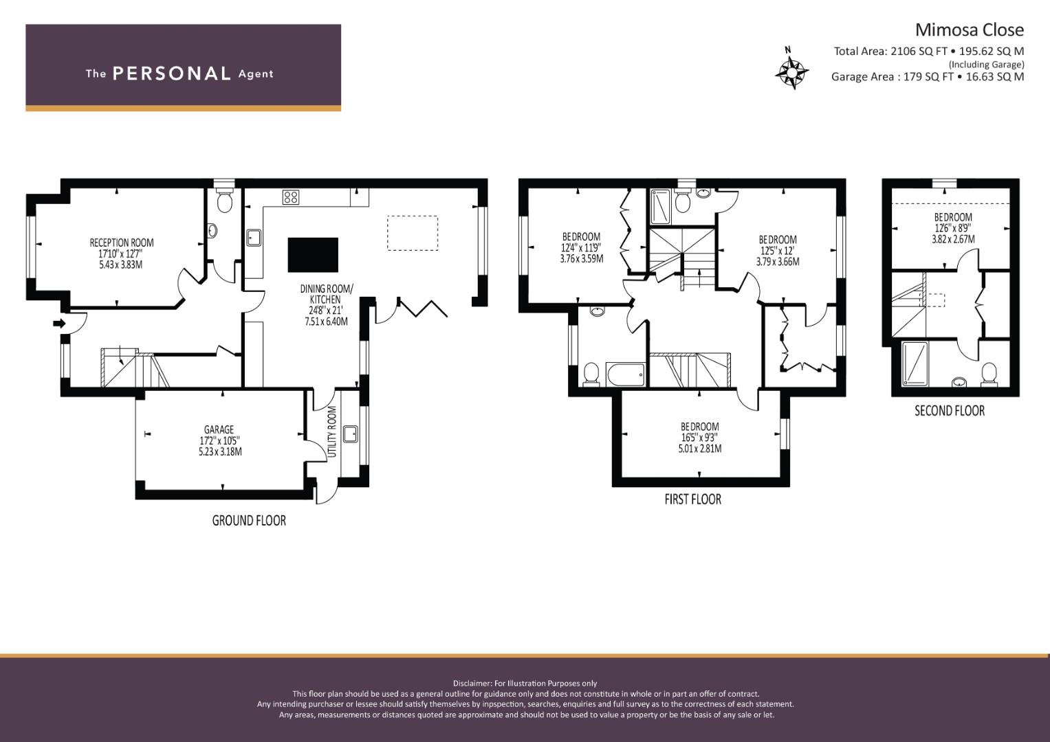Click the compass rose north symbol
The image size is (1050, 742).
(791, 71)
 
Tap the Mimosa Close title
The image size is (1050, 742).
(970, 30)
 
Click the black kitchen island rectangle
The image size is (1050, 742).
(313, 255)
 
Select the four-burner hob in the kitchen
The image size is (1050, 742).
(291, 196)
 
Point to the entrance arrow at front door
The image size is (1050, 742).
(60, 323)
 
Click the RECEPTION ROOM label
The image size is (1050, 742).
(122, 243)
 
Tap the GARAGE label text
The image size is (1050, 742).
(219, 429)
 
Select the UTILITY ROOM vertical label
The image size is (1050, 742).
(332, 431)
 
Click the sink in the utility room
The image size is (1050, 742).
(351, 434)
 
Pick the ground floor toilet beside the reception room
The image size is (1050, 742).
(225, 201)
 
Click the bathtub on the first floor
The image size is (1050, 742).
(625, 374)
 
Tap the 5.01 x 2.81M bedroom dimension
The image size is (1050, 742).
(700, 449)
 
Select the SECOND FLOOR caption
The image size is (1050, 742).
(950, 411)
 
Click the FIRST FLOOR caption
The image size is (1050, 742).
(693, 499)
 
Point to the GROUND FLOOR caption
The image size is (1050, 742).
(249, 521)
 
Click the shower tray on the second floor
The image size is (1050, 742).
(915, 364)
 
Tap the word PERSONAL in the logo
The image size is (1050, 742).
(172, 74)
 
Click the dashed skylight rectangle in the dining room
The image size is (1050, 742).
(413, 234)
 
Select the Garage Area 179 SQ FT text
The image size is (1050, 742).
(892, 77)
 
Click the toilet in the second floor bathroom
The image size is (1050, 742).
(989, 374)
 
